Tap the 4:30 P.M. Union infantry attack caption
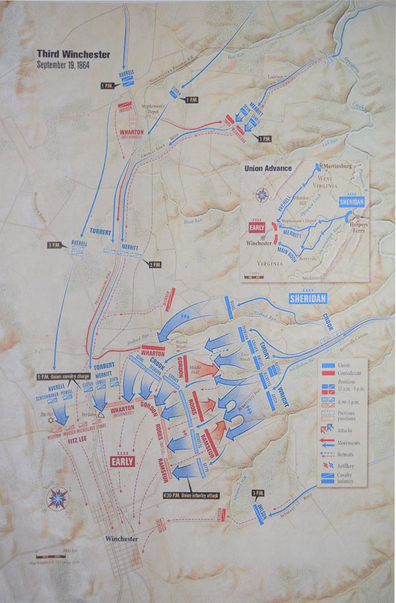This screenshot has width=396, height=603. tap(191, 495)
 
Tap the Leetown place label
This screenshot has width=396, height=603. tap(275, 76)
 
